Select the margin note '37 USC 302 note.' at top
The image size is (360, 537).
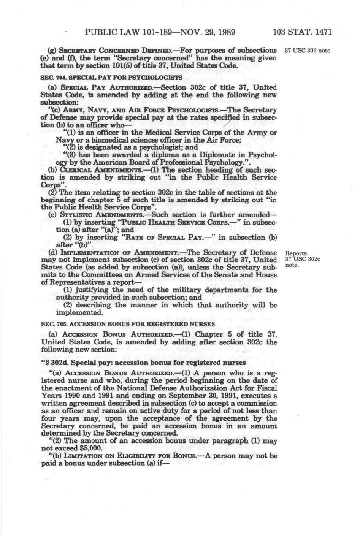[x=308, y=51]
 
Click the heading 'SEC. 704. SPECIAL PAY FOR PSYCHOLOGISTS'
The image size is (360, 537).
[x=111, y=78]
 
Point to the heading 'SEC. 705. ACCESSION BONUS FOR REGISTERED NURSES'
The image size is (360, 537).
[x=128, y=324]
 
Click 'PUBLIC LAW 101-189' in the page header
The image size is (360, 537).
[x=123, y=32]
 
